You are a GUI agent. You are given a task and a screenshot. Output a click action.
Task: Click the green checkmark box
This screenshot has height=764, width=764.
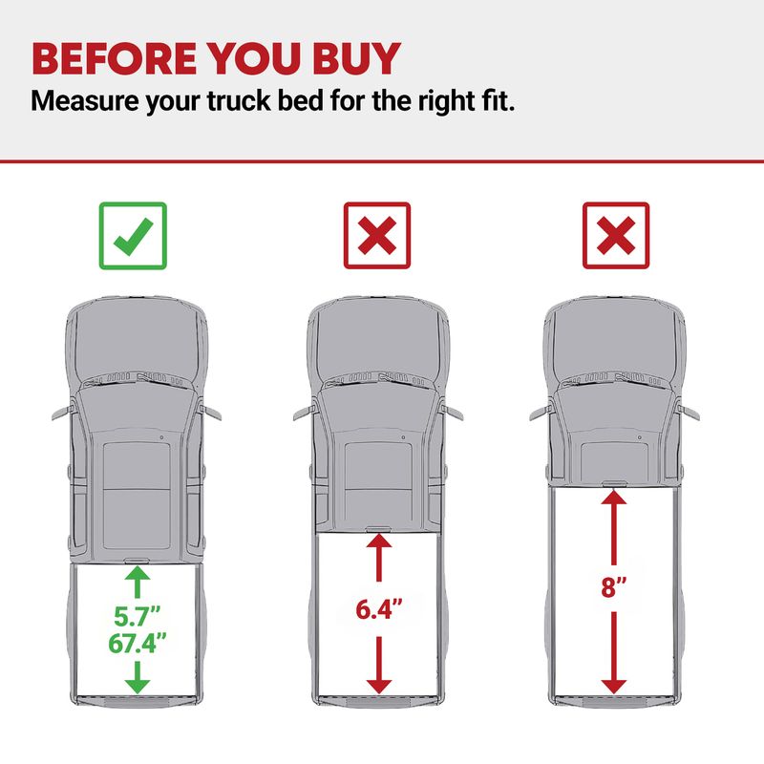pos(133,236)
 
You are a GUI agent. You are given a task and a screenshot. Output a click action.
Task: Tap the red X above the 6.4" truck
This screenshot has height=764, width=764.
pos(377,236)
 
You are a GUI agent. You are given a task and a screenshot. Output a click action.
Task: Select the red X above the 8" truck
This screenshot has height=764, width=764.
pos(616,236)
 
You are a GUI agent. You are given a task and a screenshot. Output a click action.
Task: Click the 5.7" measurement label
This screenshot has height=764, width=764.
pos(137,616)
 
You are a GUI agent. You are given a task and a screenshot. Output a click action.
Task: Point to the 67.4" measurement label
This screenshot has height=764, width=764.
pos(137,643)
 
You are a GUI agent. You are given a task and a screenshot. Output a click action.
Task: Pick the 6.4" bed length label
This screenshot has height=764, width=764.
pos(379,609)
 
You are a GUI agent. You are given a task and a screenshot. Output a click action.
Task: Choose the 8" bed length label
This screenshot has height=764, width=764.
pos(613,586)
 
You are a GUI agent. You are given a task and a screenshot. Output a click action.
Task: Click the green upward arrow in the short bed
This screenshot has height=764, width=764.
pos(137,582)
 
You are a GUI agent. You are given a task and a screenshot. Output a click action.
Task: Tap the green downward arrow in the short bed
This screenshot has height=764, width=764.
pos(138,677)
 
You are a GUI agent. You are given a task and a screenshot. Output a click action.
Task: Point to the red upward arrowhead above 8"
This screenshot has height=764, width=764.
pos(613,498)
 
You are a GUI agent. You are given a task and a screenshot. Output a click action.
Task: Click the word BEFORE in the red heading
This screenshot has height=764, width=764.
pos(114,58)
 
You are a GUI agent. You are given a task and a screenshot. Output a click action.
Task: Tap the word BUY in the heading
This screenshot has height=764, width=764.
pos(356,58)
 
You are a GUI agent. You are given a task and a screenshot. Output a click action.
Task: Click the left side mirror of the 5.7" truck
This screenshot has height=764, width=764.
pos(63,412)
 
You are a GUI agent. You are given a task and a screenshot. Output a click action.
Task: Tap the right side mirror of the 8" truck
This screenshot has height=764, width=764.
pos(688,412)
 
